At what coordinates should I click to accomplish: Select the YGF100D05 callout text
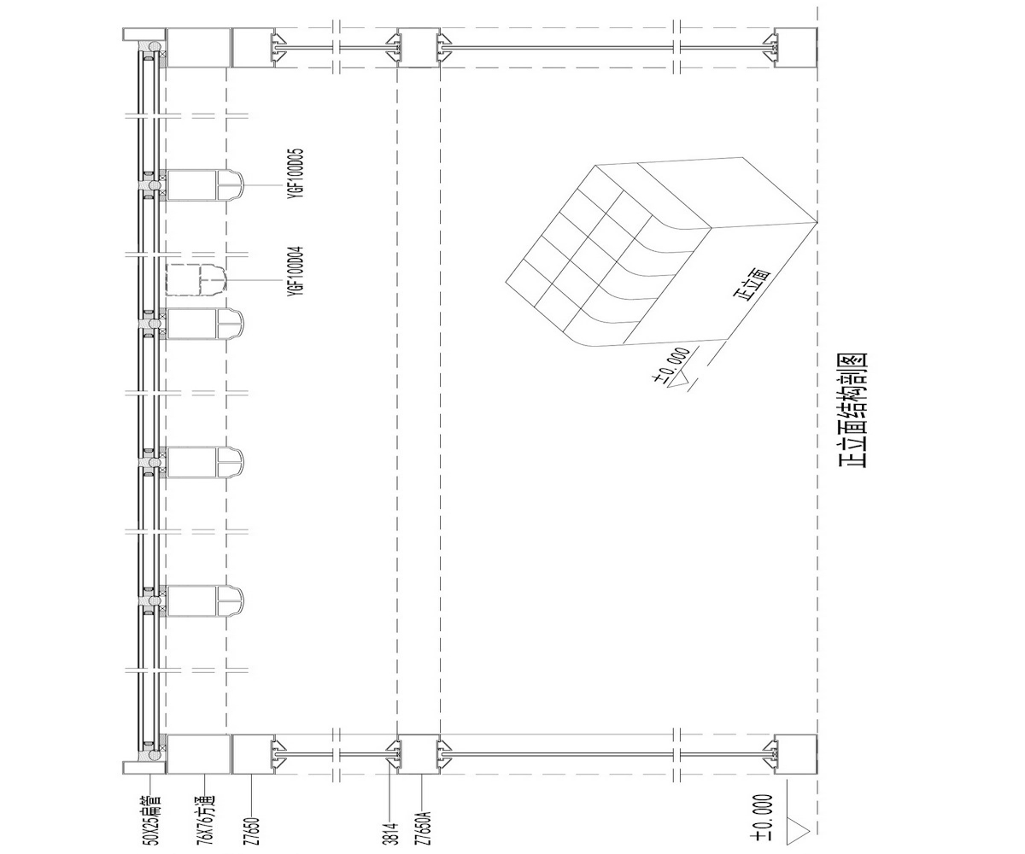(x=296, y=173)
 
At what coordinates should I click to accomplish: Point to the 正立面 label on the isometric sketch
(x=752, y=284)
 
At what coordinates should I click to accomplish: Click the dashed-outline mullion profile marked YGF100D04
(x=196, y=280)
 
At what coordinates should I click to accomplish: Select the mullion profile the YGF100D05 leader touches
(x=204, y=185)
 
